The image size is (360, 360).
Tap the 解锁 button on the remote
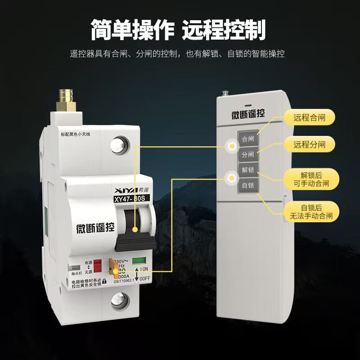tap(248, 170)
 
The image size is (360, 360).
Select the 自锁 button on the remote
tap(248, 185)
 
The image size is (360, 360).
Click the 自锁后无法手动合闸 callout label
tap(311, 212)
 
